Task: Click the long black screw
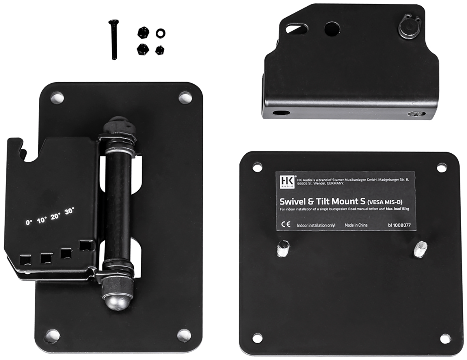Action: click(x=113, y=40)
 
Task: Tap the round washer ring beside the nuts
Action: click(x=161, y=33)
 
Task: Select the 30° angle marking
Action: click(x=69, y=211)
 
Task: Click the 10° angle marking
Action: click(x=42, y=220)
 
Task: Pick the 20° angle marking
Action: click(x=55, y=216)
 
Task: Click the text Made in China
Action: click(x=356, y=225)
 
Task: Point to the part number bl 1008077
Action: click(x=399, y=225)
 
